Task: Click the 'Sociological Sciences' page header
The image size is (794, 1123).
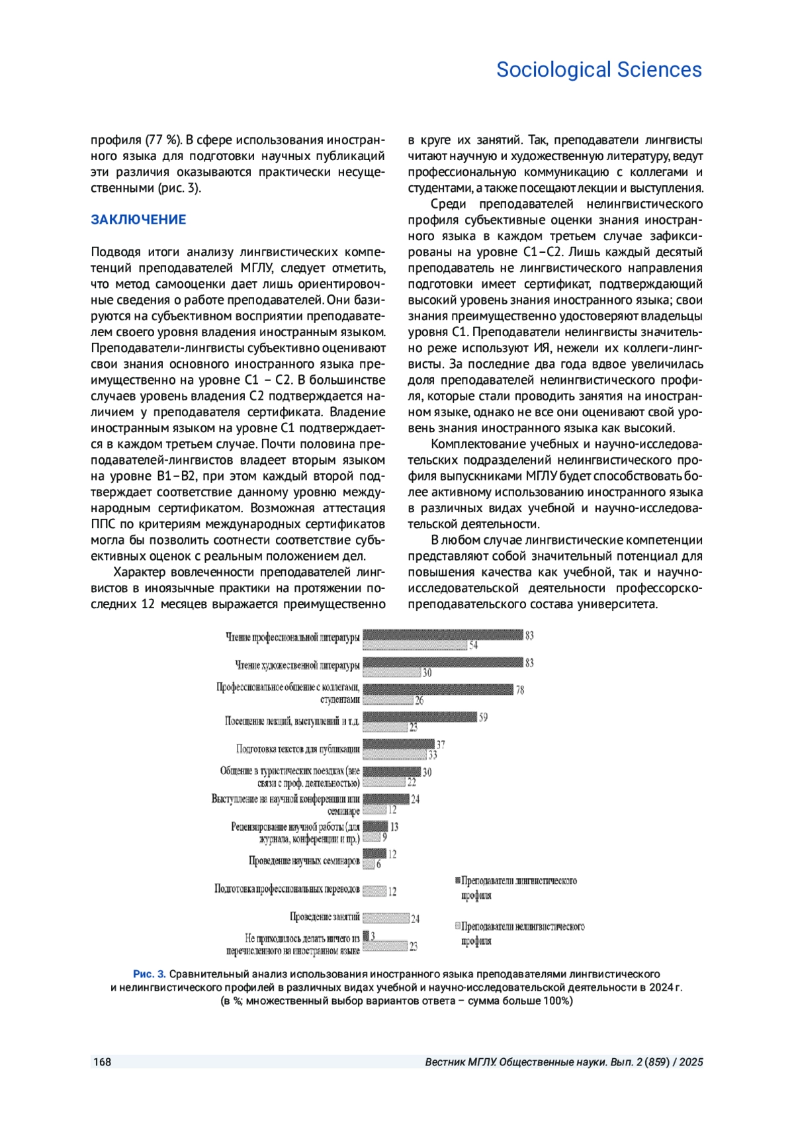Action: pyautogui.click(x=599, y=70)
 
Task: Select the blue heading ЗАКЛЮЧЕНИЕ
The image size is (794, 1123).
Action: pyautogui.click(x=138, y=220)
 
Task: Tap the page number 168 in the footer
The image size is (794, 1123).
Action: pyautogui.click(x=102, y=1062)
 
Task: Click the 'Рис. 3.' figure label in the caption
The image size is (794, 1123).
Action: pyautogui.click(x=150, y=974)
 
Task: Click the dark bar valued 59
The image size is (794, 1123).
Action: pyautogui.click(x=419, y=717)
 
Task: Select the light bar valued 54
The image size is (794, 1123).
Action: pyautogui.click(x=415, y=645)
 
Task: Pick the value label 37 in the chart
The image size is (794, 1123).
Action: pyautogui.click(x=441, y=744)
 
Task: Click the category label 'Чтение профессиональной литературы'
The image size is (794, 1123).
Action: pyautogui.click(x=293, y=637)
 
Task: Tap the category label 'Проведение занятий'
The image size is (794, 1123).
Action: pyautogui.click(x=325, y=917)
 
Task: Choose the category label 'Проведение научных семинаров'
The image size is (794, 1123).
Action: pyautogui.click(x=304, y=861)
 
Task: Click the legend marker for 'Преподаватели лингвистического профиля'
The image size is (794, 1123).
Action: pyautogui.click(x=457, y=881)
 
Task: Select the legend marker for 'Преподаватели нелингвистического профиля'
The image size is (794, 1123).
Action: pyautogui.click(x=457, y=926)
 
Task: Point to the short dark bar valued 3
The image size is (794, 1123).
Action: pyautogui.click(x=365, y=936)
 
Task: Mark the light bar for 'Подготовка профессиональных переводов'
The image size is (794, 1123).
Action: pyautogui.click(x=375, y=891)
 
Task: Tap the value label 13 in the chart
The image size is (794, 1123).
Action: pyautogui.click(x=394, y=827)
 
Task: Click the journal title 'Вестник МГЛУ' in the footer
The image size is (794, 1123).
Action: pyautogui.click(x=461, y=1062)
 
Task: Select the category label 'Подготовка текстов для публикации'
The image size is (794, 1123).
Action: pyautogui.click(x=298, y=749)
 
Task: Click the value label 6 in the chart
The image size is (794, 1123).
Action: pyautogui.click(x=378, y=864)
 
